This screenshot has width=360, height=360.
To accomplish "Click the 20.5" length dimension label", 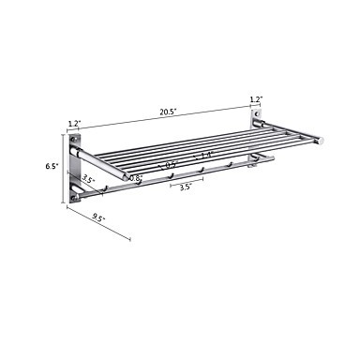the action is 169,112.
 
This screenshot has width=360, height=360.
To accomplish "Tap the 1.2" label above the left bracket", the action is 73,124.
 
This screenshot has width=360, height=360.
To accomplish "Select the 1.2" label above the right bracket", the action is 256,99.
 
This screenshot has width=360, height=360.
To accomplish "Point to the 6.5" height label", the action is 52,166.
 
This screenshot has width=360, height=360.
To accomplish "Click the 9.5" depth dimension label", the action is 98,217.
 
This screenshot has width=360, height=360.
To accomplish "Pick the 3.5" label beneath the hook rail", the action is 186,187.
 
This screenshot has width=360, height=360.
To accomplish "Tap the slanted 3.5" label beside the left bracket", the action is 88,181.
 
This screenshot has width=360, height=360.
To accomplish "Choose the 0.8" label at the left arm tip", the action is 136,179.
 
